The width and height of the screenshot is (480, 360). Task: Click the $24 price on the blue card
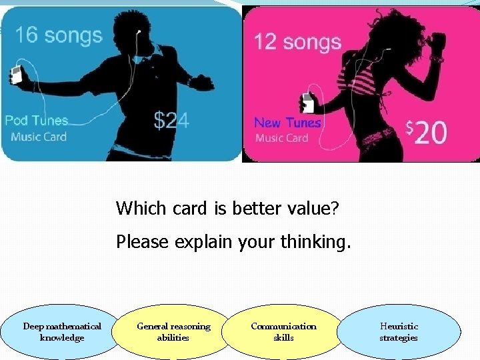pyautogui.click(x=171, y=120)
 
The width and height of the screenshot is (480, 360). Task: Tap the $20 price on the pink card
pyautogui.click(x=427, y=132)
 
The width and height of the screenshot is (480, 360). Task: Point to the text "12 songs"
pyautogui.click(x=297, y=42)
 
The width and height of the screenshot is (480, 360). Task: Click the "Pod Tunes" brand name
pyautogui.click(x=37, y=121)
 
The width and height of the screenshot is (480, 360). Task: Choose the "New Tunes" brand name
pyautogui.click(x=287, y=123)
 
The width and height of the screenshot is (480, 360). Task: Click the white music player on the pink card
pyautogui.click(x=307, y=103)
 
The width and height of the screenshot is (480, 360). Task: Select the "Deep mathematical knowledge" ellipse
pyautogui.click(x=62, y=331)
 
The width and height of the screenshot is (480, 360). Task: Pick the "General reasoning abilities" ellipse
pyautogui.click(x=173, y=331)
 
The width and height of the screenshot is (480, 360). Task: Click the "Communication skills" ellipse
pyautogui.click(x=283, y=331)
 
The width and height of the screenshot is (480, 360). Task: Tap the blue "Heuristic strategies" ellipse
pyautogui.click(x=399, y=331)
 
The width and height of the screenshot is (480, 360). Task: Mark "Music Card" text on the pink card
pyautogui.click(x=282, y=138)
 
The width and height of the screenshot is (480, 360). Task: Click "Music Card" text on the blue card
pyautogui.click(x=39, y=137)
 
